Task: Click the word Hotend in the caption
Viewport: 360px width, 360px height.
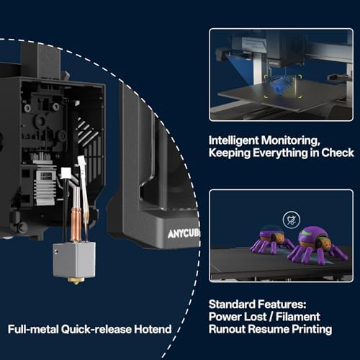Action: point(152,330)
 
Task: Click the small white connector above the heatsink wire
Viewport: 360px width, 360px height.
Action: point(67,172)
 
